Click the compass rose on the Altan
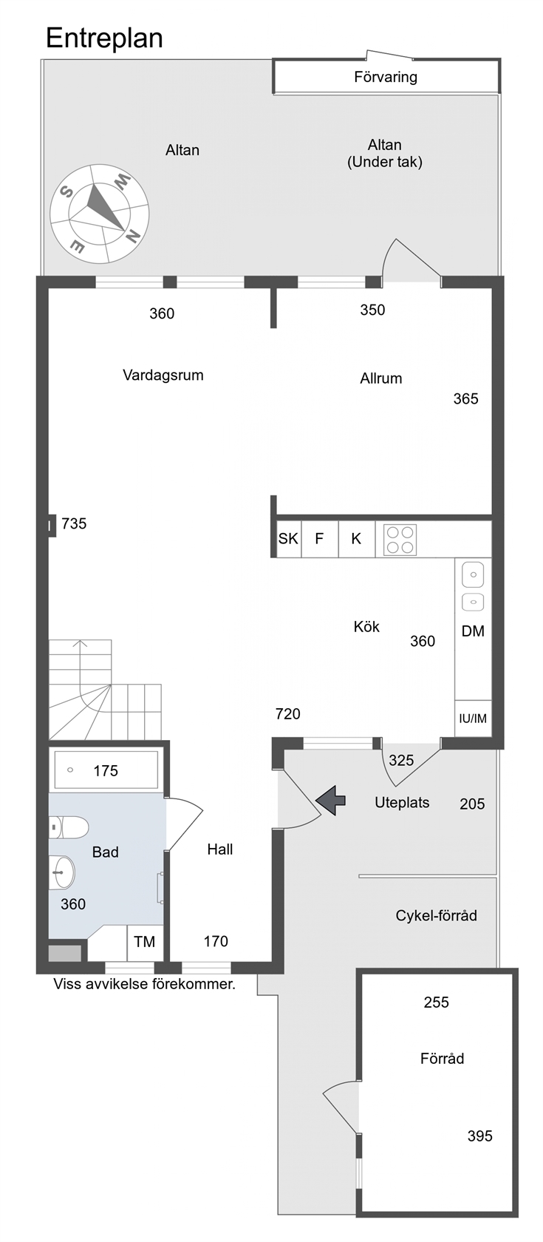point(99,214)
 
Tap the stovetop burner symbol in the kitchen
point(400,540)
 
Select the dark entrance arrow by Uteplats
point(331,800)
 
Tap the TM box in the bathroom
point(145,942)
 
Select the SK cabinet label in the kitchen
point(288,538)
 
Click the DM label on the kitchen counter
point(473,631)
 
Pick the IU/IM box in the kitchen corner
point(473,719)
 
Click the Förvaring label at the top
point(386,77)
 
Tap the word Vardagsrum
point(163,376)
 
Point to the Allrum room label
point(381,379)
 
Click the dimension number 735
point(74,523)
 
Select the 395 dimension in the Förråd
point(480,1136)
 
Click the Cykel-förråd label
point(436,915)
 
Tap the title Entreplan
point(105,38)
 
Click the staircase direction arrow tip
point(81,642)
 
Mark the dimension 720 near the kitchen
point(288,714)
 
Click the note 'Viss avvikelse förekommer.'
point(145,984)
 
